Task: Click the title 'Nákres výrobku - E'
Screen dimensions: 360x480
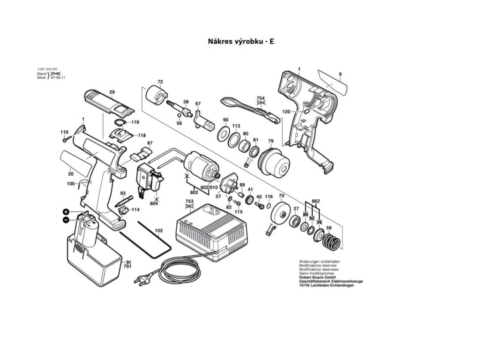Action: pyautogui.click(x=241, y=41)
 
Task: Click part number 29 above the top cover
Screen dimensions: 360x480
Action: pyautogui.click(x=112, y=92)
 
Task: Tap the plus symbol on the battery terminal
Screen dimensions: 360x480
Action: pyautogui.click(x=67, y=211)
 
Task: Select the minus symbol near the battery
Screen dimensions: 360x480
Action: pyautogui.click(x=67, y=219)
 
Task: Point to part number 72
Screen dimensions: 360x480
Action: pyautogui.click(x=160, y=82)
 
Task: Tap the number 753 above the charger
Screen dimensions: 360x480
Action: pyautogui.click(x=189, y=201)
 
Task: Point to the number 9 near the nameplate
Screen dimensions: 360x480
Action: pyautogui.click(x=340, y=74)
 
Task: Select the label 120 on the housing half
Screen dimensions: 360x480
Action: pyautogui.click(x=286, y=112)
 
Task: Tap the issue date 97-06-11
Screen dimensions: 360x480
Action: pyautogui.click(x=58, y=78)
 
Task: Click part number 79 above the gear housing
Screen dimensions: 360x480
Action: pyautogui.click(x=270, y=141)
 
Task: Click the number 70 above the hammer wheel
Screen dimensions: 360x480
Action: pyautogui.click(x=281, y=195)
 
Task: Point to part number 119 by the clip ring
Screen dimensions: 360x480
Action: pyautogui.click(x=135, y=122)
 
